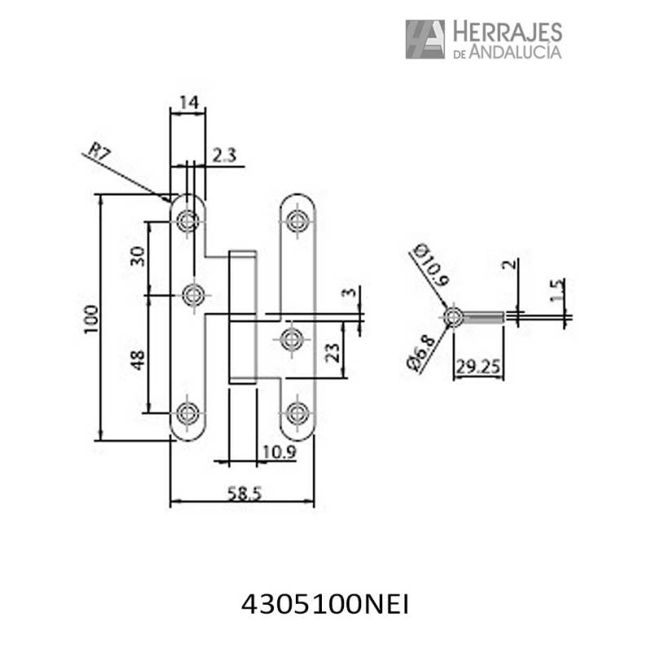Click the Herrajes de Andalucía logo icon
coord(425,39)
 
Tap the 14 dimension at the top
coord(188,103)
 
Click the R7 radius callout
coord(99,151)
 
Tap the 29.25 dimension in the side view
coord(478,366)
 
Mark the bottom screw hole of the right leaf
coord(298,412)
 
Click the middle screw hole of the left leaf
coord(194,294)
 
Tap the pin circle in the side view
coord(452,316)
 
